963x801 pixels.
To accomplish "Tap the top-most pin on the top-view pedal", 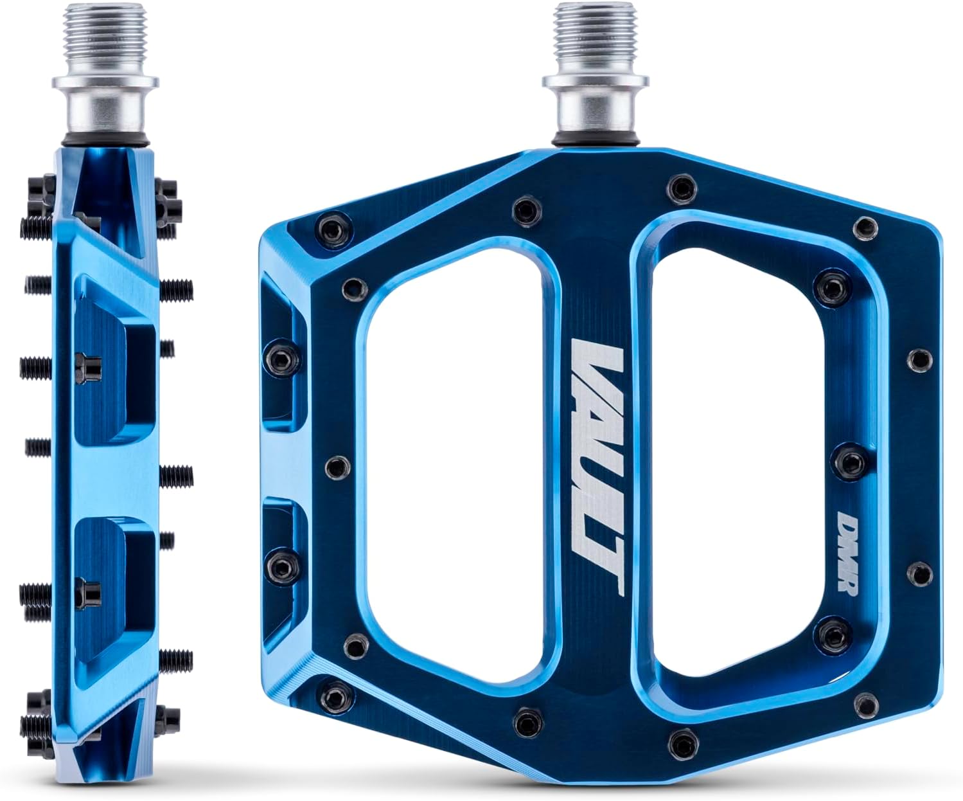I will point(680,186).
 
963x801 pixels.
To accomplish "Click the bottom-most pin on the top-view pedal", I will point(680,742).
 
